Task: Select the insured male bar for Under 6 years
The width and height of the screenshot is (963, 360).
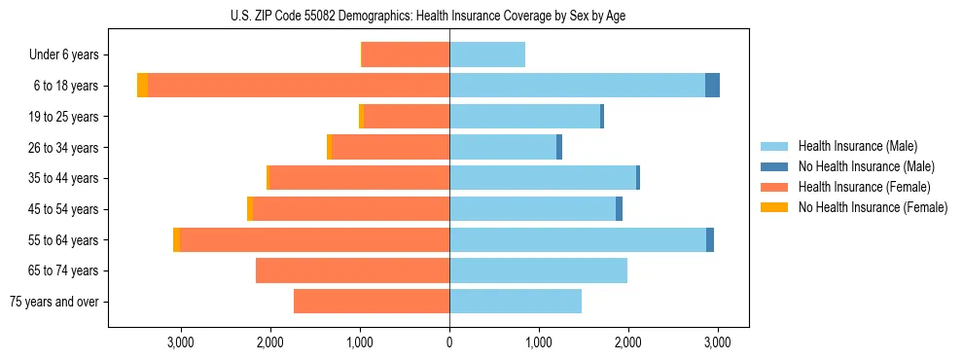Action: pyautogui.click(x=486, y=54)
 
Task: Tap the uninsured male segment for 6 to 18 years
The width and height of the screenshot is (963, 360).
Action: pyautogui.click(x=712, y=86)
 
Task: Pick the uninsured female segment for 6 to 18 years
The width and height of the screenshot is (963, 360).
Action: pyautogui.click(x=142, y=86)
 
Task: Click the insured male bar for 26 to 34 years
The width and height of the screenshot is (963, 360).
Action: pyautogui.click(x=502, y=147)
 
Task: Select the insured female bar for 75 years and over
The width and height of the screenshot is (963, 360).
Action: pyautogui.click(x=371, y=302)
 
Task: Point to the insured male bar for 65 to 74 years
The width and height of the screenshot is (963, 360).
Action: pyautogui.click(x=538, y=270)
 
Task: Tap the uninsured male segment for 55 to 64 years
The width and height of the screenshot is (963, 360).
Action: pyautogui.click(x=710, y=239)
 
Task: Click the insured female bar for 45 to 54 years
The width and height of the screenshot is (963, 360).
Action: pyautogui.click(x=350, y=209)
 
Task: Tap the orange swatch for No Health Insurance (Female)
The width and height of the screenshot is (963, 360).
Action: pyautogui.click(x=775, y=207)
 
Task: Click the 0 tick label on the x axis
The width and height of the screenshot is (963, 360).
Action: pyautogui.click(x=449, y=342)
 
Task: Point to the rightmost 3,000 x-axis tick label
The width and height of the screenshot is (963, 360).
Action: pyautogui.click(x=717, y=342)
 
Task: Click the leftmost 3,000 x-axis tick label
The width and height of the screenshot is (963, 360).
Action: pyautogui.click(x=181, y=342)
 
